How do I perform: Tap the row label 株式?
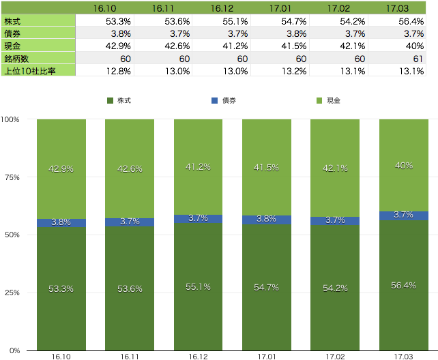14,20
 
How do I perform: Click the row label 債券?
14,33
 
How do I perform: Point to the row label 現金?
14,45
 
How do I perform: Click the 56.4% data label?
403,285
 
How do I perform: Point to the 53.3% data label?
61,288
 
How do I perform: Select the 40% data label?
403,165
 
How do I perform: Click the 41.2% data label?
197,166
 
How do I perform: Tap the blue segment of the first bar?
61,223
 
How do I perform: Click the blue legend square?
214,100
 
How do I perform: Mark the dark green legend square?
110,100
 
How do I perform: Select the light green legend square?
319,100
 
